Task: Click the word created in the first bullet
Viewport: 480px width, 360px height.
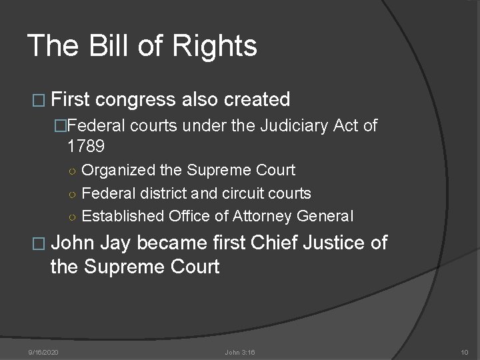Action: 257,100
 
